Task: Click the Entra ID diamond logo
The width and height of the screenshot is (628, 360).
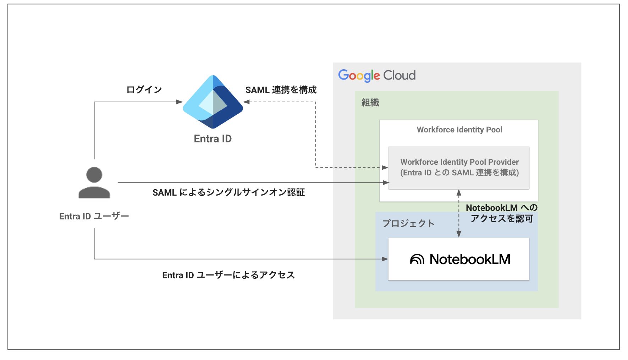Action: click(213, 102)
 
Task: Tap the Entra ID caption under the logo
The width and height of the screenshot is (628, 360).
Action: click(213, 139)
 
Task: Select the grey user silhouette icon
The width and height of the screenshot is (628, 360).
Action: click(94, 182)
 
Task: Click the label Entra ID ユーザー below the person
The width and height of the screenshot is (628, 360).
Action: click(94, 216)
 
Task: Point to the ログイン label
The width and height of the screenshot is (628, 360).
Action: click(144, 90)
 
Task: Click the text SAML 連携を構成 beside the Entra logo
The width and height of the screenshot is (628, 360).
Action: click(281, 90)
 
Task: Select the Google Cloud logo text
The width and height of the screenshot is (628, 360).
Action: click(376, 75)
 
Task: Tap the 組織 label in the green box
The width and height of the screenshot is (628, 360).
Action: click(370, 103)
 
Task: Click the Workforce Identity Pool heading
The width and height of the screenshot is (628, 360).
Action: click(459, 130)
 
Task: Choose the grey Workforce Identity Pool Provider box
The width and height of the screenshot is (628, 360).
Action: click(459, 168)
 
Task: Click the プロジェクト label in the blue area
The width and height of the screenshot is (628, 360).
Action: click(408, 223)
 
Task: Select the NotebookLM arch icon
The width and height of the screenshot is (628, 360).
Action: click(417, 259)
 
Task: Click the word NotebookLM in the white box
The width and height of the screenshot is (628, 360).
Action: click(470, 259)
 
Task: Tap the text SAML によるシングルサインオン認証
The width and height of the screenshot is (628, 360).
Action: click(228, 192)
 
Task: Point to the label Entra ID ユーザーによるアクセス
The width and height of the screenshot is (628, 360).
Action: click(228, 275)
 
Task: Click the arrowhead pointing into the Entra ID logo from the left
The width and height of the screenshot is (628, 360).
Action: click(180, 102)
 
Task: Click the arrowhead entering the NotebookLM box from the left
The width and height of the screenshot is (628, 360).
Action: click(385, 259)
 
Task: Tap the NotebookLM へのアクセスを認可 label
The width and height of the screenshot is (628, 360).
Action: click(501, 213)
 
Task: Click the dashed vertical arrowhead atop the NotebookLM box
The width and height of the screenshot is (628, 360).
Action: click(459, 234)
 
